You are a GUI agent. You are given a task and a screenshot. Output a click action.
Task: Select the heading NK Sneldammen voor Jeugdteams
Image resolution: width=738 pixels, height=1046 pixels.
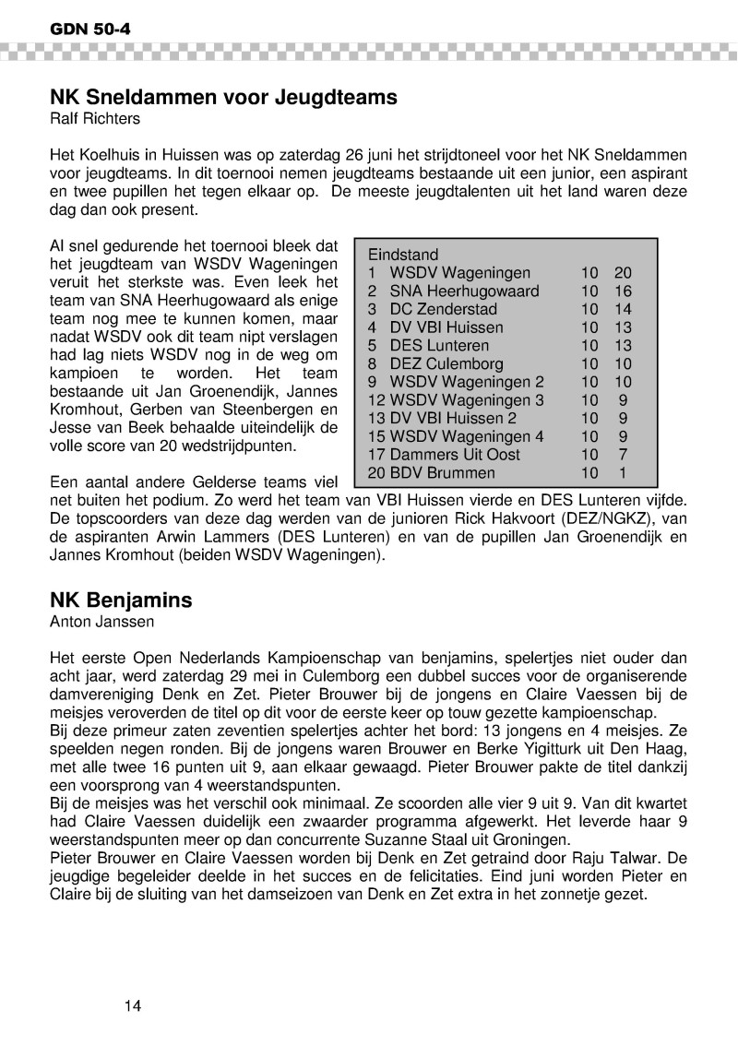pyautogui.click(x=223, y=97)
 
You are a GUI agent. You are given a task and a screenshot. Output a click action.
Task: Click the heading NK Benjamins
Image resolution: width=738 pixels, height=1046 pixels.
pyautogui.click(x=121, y=600)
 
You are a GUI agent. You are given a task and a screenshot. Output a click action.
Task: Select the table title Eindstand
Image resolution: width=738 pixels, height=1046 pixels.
pyautogui.click(x=403, y=254)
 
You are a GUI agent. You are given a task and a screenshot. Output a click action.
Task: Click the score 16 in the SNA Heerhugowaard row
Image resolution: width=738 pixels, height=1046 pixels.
pyautogui.click(x=622, y=291)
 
